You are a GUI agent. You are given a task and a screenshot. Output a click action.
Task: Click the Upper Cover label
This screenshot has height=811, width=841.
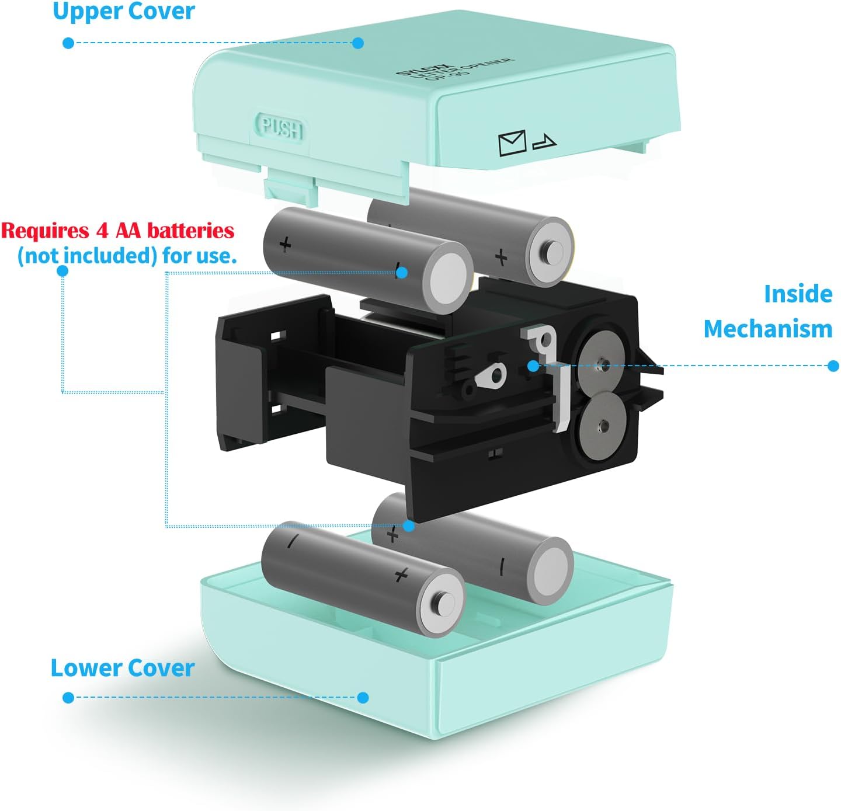(x=123, y=11)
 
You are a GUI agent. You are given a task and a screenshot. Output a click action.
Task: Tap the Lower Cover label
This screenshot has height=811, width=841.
(x=122, y=668)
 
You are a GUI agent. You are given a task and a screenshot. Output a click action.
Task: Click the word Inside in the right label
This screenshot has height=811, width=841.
(x=798, y=294)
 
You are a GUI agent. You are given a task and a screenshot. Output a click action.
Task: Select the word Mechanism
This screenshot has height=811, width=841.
(x=767, y=329)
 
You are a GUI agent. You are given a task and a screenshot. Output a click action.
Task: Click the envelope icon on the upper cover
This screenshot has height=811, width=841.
(x=512, y=143)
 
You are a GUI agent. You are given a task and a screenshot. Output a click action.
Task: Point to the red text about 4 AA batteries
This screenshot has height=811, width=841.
(x=117, y=231)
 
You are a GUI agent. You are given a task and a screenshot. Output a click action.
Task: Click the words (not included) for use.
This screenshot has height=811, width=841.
(x=127, y=256)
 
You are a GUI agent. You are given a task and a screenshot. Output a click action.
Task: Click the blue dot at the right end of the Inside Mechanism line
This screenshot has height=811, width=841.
(x=833, y=366)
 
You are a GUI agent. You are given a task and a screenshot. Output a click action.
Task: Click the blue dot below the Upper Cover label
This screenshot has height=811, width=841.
(x=68, y=43)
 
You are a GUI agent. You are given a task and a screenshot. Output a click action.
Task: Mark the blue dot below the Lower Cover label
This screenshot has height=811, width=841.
(x=68, y=697)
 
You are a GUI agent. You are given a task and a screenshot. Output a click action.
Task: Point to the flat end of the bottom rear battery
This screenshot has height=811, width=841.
(x=551, y=569)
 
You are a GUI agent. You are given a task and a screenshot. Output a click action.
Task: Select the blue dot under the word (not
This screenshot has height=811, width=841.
(x=62, y=271)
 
